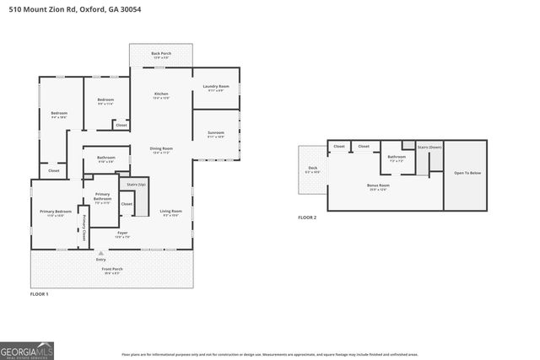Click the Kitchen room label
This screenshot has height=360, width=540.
(x=161, y=94)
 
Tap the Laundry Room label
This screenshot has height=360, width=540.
(x=216, y=86)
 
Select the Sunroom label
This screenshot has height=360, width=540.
(x=216, y=132)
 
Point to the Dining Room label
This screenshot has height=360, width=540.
(x=161, y=149)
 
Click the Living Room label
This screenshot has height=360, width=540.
(x=171, y=211)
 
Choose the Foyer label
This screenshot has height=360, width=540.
(x=122, y=232)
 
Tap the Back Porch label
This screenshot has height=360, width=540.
(x=160, y=52)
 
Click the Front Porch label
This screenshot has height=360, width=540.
(x=112, y=269)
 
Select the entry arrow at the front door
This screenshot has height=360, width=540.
(x=100, y=252)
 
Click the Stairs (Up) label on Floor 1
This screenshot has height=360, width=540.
(x=137, y=183)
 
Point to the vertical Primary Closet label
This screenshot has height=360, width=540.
(x=85, y=227)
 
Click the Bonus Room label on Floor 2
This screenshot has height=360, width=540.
(x=378, y=185)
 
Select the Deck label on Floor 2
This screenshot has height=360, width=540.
(x=312, y=168)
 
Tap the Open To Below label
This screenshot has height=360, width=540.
(x=467, y=173)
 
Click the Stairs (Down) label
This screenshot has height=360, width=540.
(x=429, y=147)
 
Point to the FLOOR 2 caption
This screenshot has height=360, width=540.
(x=307, y=218)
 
